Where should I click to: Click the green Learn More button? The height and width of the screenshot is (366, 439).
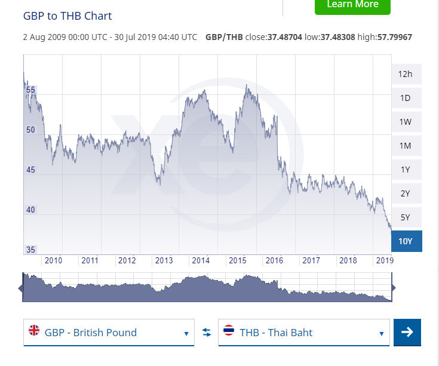(352, 5)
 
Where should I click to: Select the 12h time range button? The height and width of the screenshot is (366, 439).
(406, 74)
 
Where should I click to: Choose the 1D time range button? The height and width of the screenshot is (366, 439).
(406, 98)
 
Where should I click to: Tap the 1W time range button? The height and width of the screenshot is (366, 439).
(406, 122)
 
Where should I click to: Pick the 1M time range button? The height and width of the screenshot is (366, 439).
(406, 146)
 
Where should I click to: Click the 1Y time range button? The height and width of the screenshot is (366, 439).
(406, 170)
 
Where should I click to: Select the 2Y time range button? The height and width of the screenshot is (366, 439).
(406, 193)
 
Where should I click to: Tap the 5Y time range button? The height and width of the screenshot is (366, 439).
(406, 217)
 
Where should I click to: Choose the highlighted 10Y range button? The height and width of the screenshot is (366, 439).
(406, 241)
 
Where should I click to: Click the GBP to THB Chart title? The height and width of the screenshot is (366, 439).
(67, 16)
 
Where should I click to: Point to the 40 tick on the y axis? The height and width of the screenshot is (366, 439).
(31, 210)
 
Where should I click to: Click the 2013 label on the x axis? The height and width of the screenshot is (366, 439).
(164, 260)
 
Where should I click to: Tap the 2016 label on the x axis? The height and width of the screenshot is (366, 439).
(274, 260)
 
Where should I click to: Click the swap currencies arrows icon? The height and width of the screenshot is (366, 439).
(207, 333)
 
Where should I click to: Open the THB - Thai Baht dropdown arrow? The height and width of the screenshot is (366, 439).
(381, 333)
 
